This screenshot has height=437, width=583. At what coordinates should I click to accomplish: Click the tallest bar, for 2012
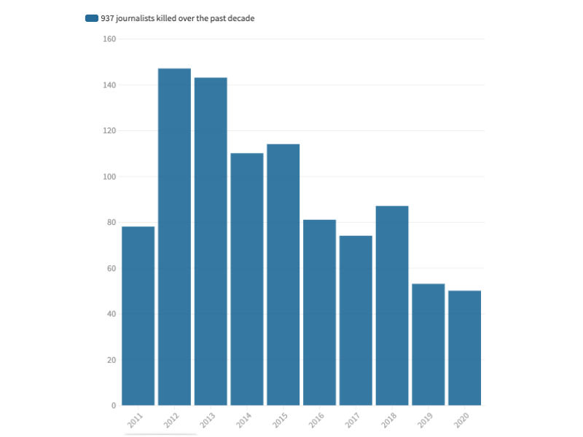[x=174, y=237]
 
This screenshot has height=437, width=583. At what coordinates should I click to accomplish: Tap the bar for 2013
[x=211, y=241]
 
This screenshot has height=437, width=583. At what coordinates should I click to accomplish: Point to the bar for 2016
[x=319, y=312]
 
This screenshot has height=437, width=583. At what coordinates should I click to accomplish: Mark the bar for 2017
[x=356, y=320]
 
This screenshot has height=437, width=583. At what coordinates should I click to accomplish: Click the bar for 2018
[x=392, y=305]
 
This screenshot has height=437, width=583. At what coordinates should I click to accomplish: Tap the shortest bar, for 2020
[x=464, y=348]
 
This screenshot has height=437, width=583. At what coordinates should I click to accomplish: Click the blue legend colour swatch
[x=91, y=18]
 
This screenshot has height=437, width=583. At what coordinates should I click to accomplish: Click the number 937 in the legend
[x=108, y=18]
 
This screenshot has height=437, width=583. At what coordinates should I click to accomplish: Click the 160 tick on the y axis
[x=109, y=39]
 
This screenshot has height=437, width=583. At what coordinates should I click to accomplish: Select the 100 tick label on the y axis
[x=109, y=177]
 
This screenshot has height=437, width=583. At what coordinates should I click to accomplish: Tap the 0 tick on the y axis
[x=114, y=406]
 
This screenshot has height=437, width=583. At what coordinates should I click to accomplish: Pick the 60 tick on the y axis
[x=111, y=269]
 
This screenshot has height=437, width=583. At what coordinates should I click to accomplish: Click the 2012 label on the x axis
[x=172, y=420]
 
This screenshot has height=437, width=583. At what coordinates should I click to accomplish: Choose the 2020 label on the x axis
[x=462, y=420]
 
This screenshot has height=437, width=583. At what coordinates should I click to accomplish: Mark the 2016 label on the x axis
[x=317, y=420]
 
